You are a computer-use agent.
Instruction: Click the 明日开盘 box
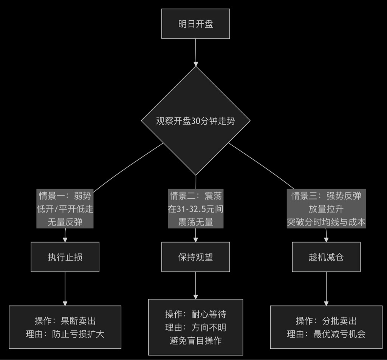tap(195, 24)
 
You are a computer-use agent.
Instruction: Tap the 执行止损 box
tap(65, 257)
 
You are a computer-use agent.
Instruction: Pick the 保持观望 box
tap(195, 257)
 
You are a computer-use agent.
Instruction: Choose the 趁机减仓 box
tap(326, 257)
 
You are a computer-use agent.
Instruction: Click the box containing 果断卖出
tap(65, 327)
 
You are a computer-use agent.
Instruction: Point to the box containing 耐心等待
tap(195, 327)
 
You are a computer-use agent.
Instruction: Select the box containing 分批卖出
tap(326, 327)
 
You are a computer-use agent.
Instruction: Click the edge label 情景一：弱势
tap(65, 196)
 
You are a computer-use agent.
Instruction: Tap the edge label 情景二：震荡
tap(195, 196)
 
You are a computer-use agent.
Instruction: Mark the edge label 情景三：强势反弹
tap(326, 196)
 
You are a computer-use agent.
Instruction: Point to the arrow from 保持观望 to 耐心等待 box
tap(195, 285)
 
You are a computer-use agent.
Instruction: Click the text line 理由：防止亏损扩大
tap(65, 334)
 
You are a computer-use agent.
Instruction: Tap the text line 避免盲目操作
tap(195, 341)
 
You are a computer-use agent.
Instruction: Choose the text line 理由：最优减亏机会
tap(326, 334)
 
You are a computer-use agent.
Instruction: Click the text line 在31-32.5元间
tap(195, 209)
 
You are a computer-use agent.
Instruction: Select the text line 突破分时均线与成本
tap(326, 222)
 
